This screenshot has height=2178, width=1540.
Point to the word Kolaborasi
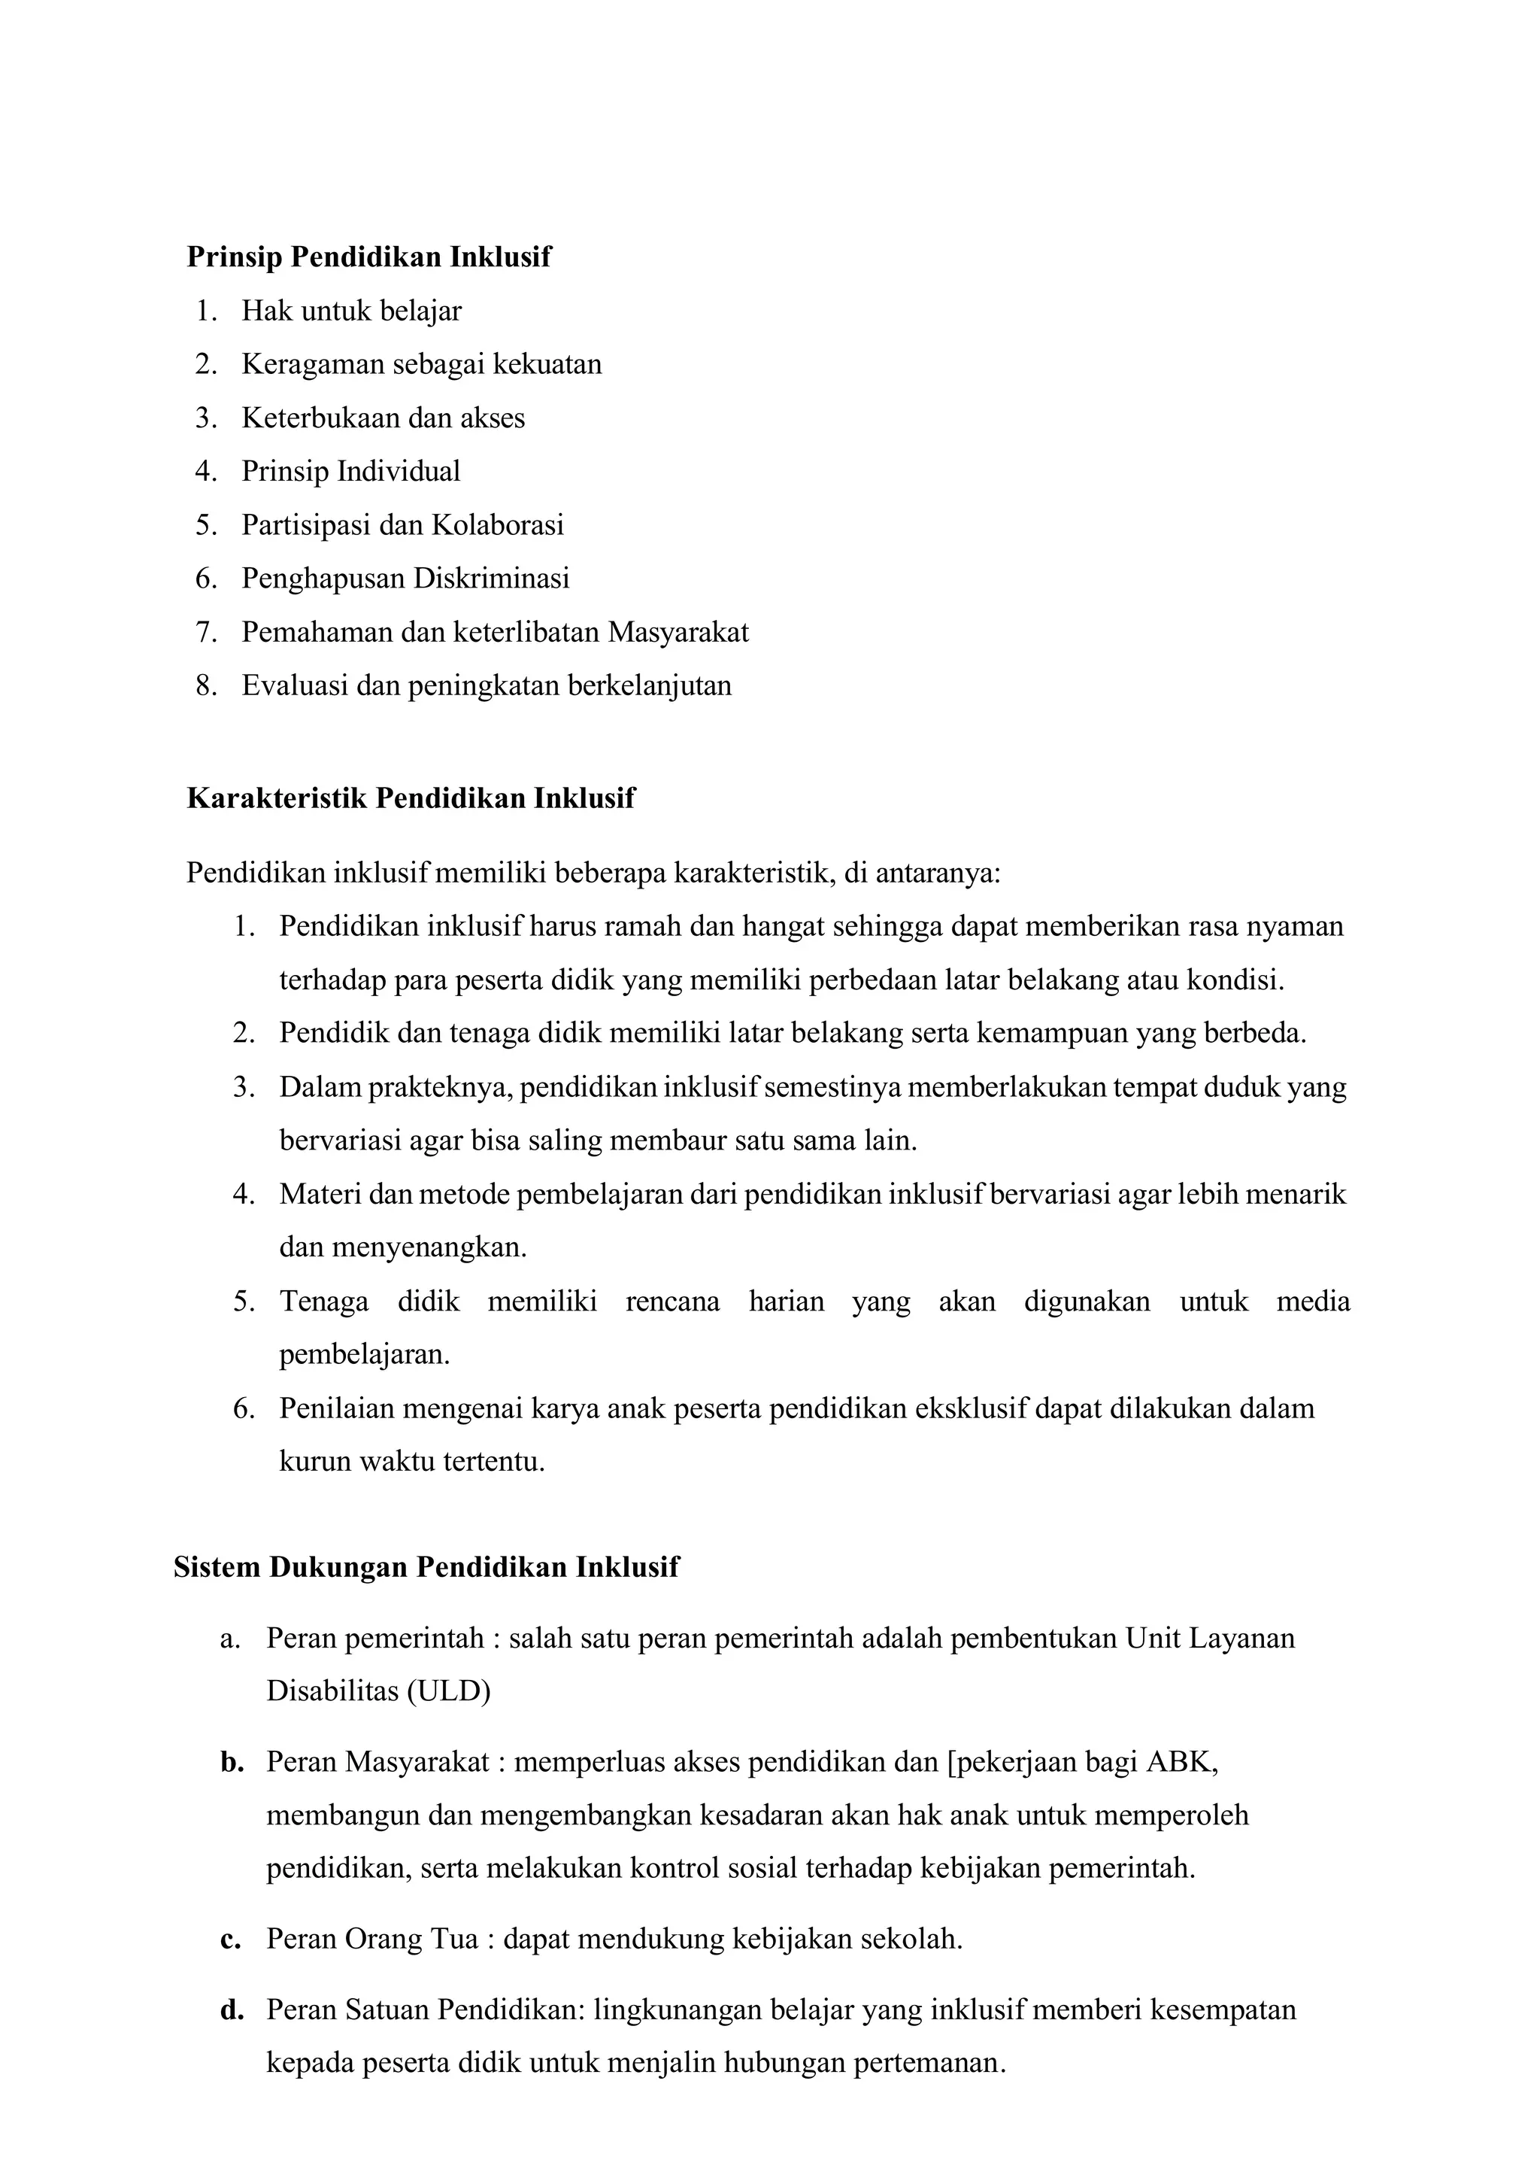[x=498, y=526]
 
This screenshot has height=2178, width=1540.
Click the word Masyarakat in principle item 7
[x=678, y=633]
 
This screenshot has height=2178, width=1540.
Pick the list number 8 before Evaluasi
[x=206, y=686]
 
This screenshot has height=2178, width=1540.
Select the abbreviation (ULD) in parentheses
[x=448, y=1691]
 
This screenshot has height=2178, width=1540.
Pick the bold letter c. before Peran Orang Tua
[x=230, y=1940]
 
